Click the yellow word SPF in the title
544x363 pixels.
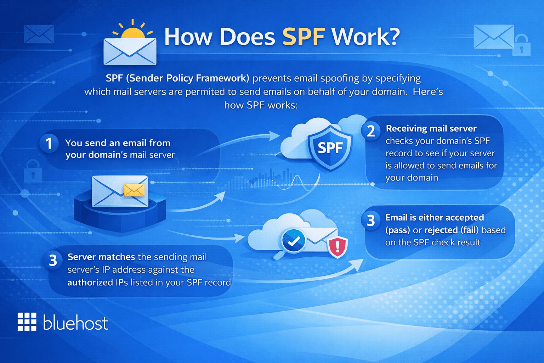point(304,37)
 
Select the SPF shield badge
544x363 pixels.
point(330,147)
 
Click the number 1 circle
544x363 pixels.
point(49,143)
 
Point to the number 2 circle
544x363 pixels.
point(370,131)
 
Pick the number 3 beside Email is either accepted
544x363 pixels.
point(370,220)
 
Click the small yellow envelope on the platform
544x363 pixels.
point(134,190)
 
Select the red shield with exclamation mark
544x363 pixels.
point(338,247)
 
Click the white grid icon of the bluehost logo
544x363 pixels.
point(27,322)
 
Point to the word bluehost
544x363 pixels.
point(75,323)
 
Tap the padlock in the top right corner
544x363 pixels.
point(521,46)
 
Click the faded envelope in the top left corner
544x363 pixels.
point(39,34)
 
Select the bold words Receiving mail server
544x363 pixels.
point(431,128)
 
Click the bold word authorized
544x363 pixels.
point(90,283)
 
